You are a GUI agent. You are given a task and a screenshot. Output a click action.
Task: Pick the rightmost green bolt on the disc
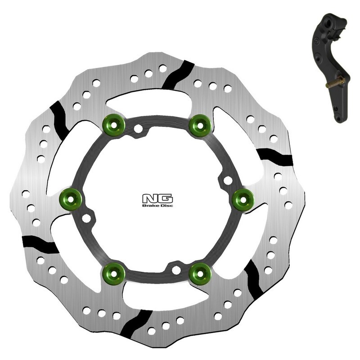(241, 197)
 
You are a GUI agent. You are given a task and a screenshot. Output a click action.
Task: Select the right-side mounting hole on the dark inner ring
(228, 181)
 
